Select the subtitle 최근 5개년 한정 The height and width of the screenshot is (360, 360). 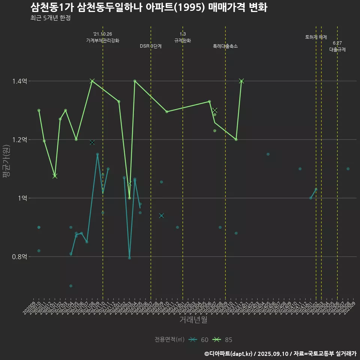click(x=50, y=18)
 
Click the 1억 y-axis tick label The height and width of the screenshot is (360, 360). click(x=23, y=198)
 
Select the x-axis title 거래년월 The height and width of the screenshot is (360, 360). click(x=193, y=320)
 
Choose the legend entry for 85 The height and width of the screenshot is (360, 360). click(x=222, y=340)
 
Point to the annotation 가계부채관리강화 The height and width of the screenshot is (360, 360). click(x=103, y=40)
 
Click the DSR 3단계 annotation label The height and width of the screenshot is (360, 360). click(x=151, y=46)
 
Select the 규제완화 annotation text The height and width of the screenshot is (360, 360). click(x=183, y=40)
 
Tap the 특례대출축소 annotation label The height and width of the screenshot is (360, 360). click(x=225, y=46)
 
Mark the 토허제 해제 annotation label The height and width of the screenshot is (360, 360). click(x=316, y=37)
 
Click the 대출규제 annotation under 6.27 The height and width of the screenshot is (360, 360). click(x=337, y=49)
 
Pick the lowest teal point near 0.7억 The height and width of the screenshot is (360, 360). click(x=71, y=286)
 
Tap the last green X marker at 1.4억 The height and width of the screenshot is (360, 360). click(x=241, y=81)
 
